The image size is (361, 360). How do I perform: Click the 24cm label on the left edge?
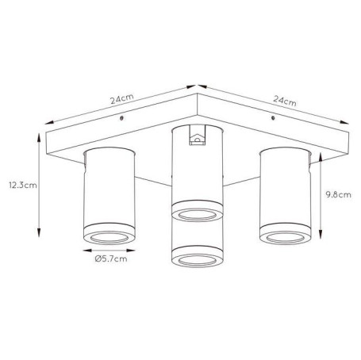[122, 99]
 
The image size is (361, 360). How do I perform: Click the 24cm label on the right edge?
[285, 101]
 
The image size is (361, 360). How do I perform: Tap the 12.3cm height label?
[23, 185]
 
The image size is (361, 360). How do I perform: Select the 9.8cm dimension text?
[338, 195]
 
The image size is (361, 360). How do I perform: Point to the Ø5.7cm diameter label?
[111, 259]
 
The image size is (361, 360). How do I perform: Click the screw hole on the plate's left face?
[121, 118]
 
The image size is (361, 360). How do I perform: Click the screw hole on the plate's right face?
[273, 118]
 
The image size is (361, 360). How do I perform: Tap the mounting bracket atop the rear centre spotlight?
[198, 135]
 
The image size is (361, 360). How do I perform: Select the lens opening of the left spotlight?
[109, 238]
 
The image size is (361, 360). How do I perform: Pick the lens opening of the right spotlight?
[286, 238]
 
